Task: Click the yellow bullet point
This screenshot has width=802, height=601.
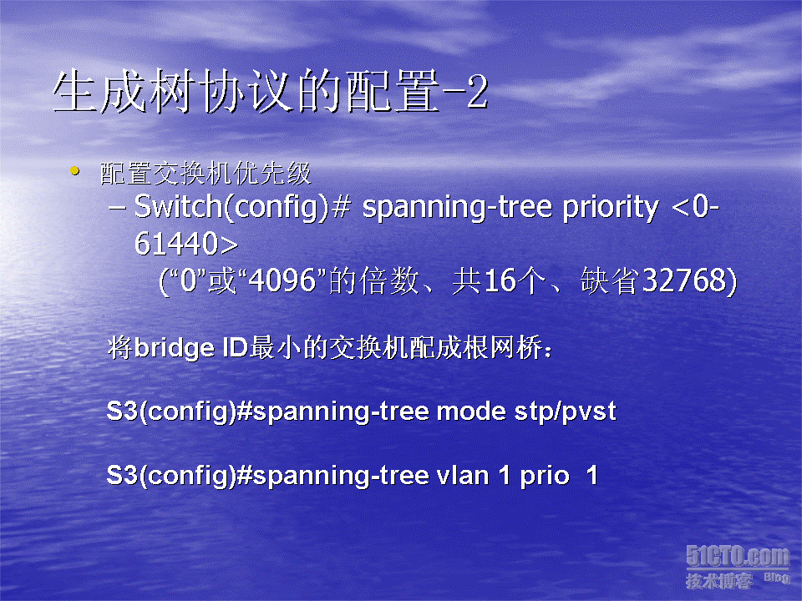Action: pos(74,170)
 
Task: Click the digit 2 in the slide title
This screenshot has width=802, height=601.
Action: pos(477,92)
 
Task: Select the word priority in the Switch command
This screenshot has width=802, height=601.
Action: pos(611,209)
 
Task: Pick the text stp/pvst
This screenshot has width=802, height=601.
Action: pos(566,412)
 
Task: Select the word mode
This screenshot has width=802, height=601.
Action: pos(471,412)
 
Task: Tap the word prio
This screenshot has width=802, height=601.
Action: pos(545,477)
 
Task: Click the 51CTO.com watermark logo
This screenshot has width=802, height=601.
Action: pos(738,556)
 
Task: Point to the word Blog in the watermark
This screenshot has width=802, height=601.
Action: pos(777,578)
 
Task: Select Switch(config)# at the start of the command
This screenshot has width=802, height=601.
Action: pos(242,208)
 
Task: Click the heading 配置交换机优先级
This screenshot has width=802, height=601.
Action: pos(206,173)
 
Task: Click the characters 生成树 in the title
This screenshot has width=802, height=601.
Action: pos(123,92)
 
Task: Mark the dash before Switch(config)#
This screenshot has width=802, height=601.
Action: pos(117,209)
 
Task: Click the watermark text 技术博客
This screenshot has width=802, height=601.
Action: pos(719,581)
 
